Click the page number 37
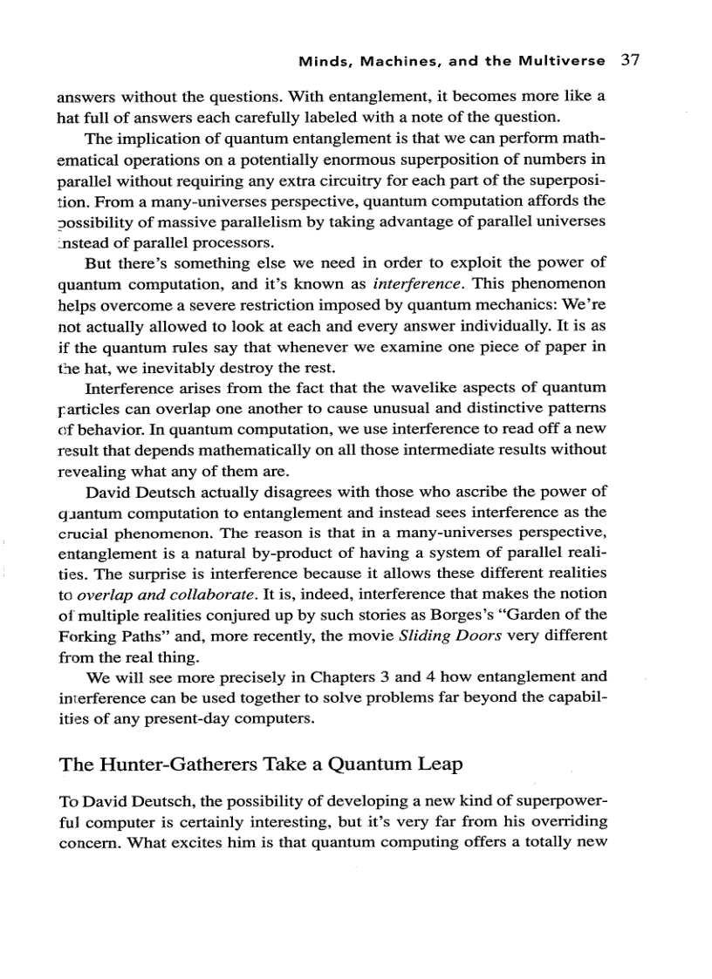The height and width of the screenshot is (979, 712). (x=630, y=61)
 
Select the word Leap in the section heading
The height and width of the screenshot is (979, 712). (x=438, y=765)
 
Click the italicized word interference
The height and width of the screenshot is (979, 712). (x=409, y=284)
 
